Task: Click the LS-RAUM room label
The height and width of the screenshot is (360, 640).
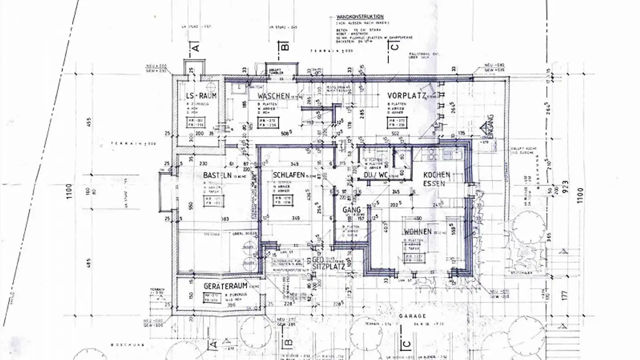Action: tap(201, 96)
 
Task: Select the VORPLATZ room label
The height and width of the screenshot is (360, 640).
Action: tap(406, 96)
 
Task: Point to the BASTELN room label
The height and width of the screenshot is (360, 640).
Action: tap(218, 175)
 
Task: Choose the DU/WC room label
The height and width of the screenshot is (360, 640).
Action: tap(376, 176)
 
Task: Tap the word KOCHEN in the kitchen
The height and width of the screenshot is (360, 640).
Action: tap(436, 175)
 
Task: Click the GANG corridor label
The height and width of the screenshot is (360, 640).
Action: tap(351, 209)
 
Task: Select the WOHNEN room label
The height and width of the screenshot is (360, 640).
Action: tap(417, 232)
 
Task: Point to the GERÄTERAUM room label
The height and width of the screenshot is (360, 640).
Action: tap(225, 286)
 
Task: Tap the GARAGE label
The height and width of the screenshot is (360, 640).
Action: tap(412, 316)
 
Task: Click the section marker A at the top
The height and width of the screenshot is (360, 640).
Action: tap(195, 46)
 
